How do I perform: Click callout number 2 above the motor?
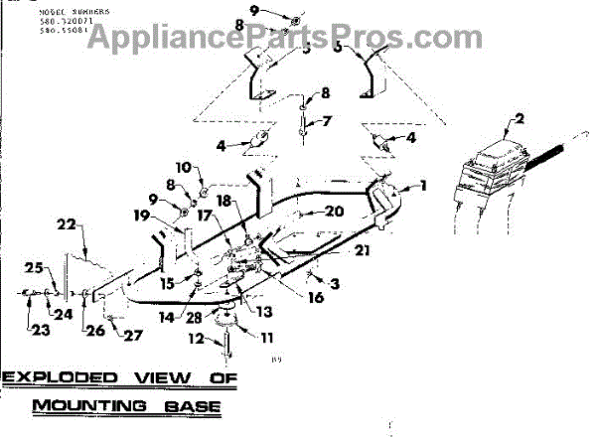coord(518,125)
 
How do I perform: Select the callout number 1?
coord(422,185)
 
